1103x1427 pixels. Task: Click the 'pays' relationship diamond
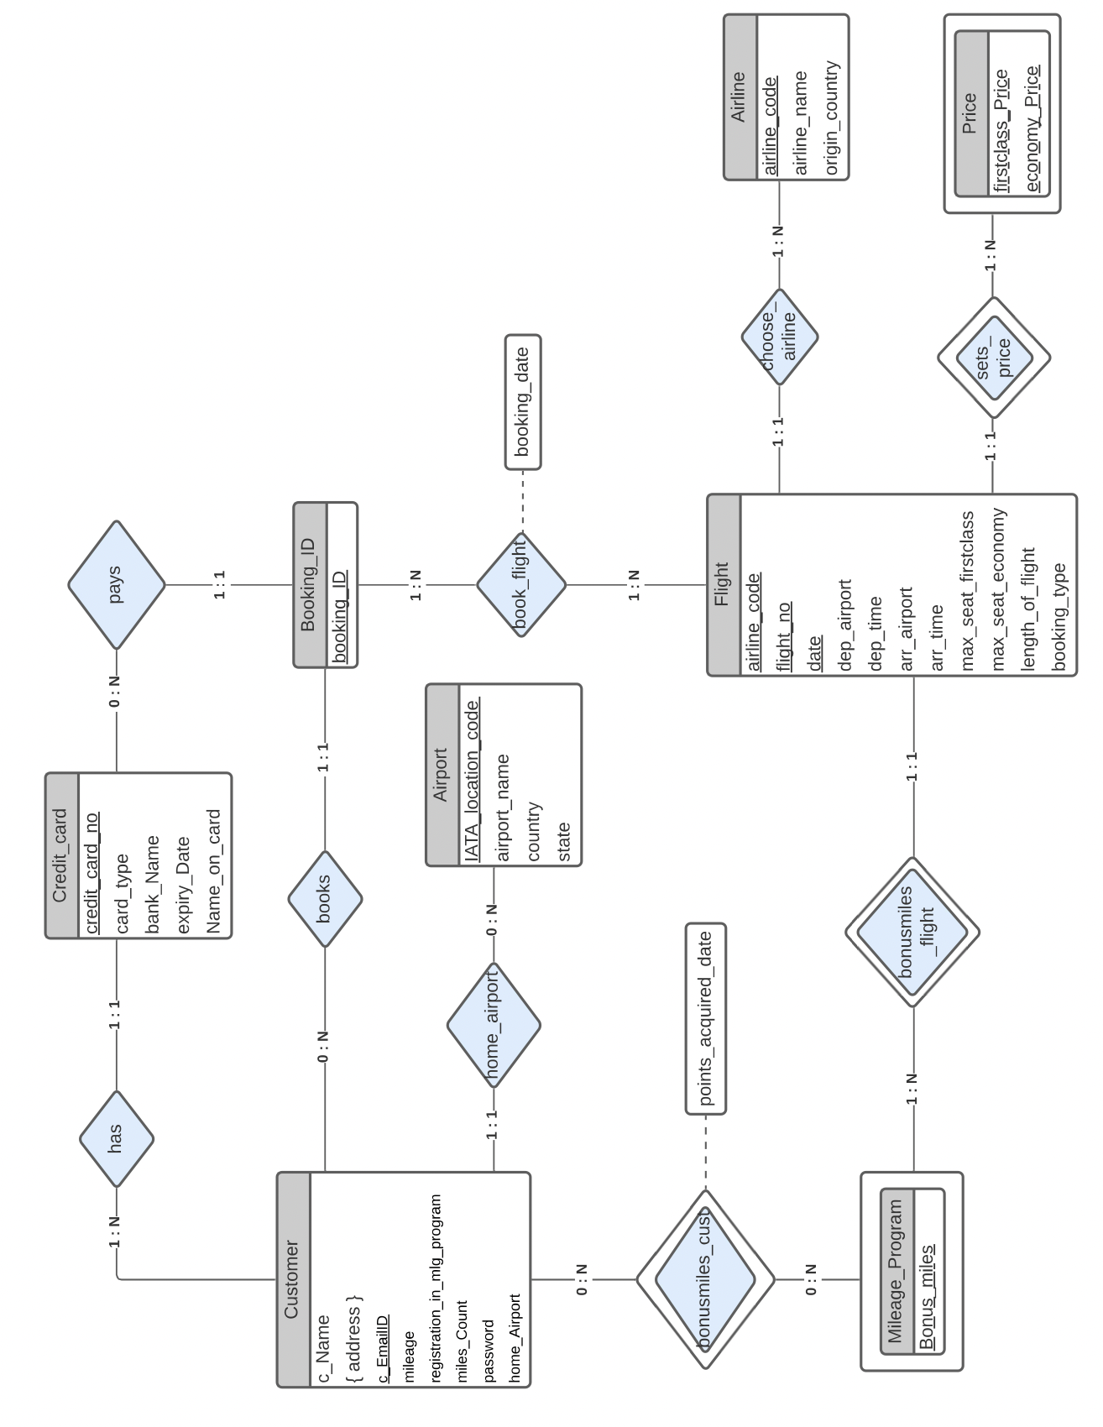(x=117, y=585)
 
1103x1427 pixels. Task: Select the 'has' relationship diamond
(x=117, y=1138)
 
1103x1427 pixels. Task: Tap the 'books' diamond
(x=325, y=899)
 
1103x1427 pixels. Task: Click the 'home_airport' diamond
(x=494, y=1025)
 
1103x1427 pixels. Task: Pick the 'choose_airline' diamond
(x=780, y=337)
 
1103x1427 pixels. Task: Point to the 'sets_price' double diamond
(x=994, y=358)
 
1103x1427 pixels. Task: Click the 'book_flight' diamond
(x=521, y=584)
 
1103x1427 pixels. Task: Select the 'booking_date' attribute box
(x=523, y=402)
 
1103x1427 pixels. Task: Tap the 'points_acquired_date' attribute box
(x=705, y=1018)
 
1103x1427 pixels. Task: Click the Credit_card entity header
(x=61, y=855)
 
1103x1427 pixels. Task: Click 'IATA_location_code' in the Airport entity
(x=473, y=781)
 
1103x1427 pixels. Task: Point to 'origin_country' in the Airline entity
(x=831, y=118)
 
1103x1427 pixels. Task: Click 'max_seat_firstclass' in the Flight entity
(x=967, y=590)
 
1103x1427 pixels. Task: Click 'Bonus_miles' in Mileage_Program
(x=927, y=1296)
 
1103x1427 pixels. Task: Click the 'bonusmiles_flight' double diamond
(x=912, y=932)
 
